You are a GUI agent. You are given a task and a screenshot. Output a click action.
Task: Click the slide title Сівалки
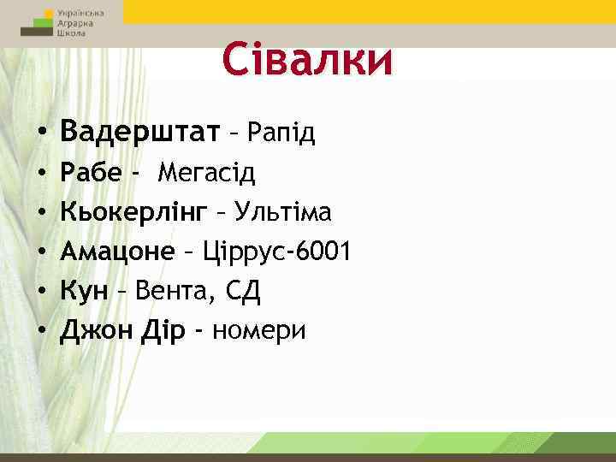click(x=307, y=61)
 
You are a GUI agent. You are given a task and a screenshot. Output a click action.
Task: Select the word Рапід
click(x=281, y=133)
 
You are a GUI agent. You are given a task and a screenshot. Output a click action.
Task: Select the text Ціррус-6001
click(x=275, y=252)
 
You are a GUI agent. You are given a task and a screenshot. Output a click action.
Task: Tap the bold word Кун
click(x=84, y=292)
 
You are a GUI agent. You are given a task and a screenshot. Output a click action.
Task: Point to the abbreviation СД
click(x=242, y=292)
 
